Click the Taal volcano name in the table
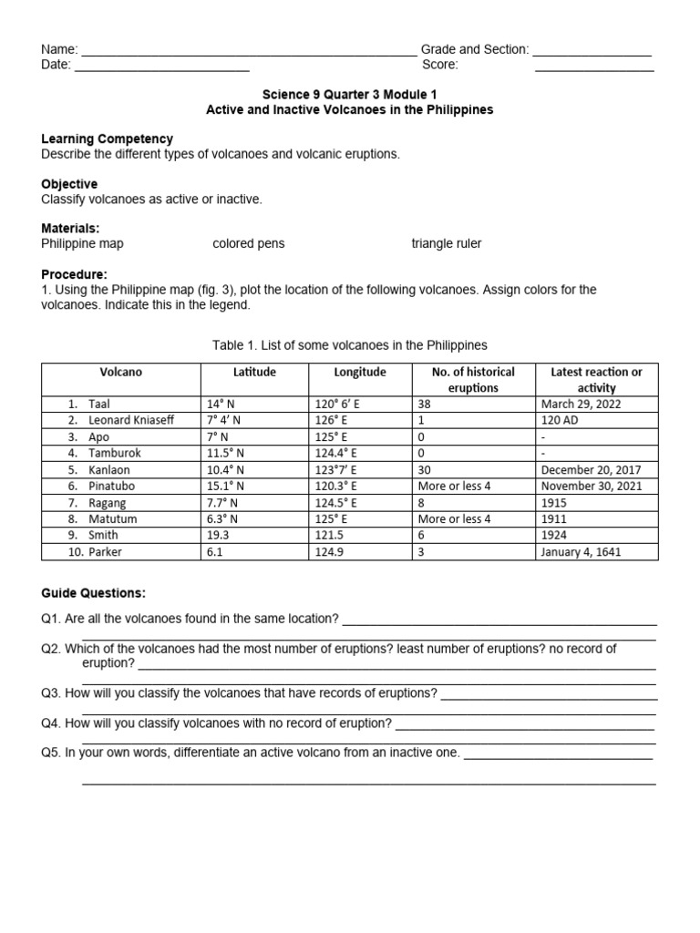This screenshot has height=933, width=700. [98, 404]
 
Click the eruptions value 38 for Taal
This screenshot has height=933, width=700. [425, 404]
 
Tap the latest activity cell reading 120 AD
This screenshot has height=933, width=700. [559, 420]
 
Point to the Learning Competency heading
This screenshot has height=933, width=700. [107, 138]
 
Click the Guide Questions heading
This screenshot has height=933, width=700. [93, 593]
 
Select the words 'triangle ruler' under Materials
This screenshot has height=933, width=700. [447, 243]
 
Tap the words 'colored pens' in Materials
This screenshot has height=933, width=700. [248, 243]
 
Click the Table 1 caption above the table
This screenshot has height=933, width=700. [349, 344]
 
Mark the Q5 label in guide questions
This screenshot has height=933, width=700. [51, 754]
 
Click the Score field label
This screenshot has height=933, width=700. [440, 65]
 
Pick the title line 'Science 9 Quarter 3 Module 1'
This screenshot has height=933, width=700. [349, 94]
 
